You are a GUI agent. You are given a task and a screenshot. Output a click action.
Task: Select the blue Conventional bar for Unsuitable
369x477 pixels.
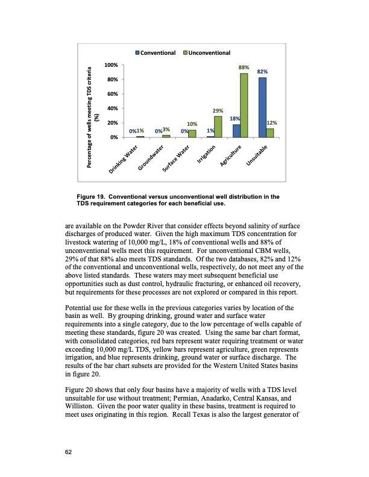click(262, 107)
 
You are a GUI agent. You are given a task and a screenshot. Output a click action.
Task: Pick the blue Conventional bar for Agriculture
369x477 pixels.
click(236, 131)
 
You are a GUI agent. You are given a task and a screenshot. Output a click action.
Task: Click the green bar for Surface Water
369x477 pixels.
click(192, 134)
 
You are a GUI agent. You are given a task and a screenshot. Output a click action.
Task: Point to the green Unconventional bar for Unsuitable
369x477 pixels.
click(270, 133)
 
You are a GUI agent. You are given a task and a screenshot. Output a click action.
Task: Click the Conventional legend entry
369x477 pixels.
click(156, 53)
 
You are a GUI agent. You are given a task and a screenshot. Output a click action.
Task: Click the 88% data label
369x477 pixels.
click(244, 68)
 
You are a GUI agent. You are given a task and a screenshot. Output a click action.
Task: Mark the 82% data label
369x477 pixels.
click(262, 72)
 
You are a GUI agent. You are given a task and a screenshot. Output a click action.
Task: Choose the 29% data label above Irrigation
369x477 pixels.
click(218, 111)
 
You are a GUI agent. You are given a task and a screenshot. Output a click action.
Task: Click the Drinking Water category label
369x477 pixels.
click(125, 160)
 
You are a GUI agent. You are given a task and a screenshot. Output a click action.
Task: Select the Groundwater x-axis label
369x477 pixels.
click(151, 158)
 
